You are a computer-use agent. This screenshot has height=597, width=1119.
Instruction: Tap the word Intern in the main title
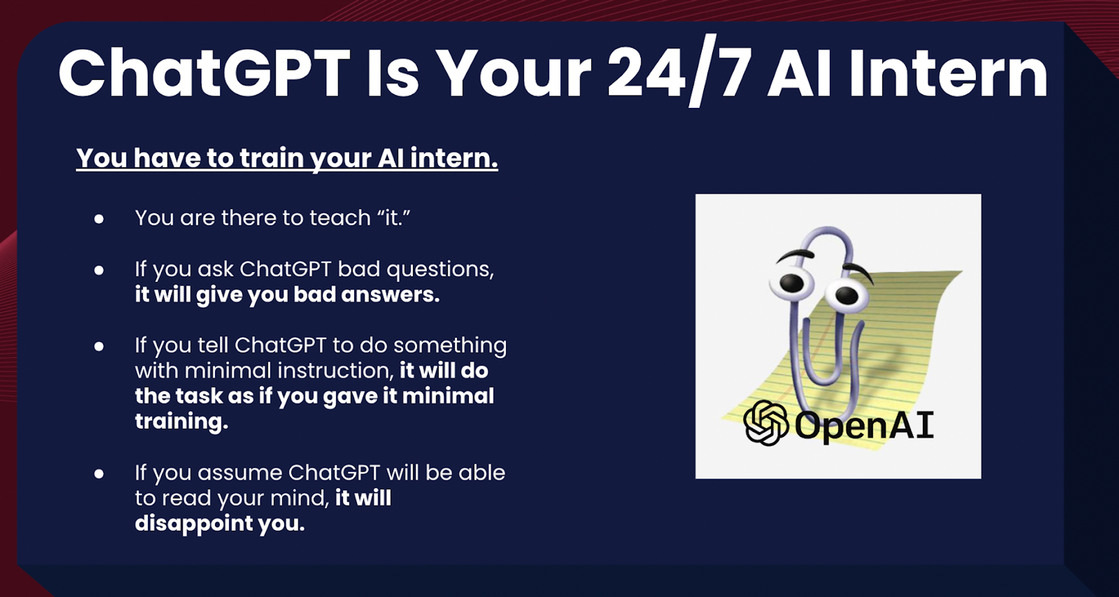pos(948,73)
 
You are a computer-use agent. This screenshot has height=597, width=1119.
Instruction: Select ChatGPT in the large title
pos(204,73)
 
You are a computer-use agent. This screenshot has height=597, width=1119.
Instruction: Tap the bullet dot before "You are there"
pos(99,219)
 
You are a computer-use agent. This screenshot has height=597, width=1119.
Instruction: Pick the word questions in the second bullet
pos(440,270)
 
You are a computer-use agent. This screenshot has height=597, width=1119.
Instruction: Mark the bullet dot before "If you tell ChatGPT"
pos(99,347)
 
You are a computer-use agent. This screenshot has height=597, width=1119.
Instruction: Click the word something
pos(450,346)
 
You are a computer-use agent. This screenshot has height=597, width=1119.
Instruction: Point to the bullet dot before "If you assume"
pos(99,474)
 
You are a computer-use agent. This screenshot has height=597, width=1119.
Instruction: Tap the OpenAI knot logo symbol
pos(765,423)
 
